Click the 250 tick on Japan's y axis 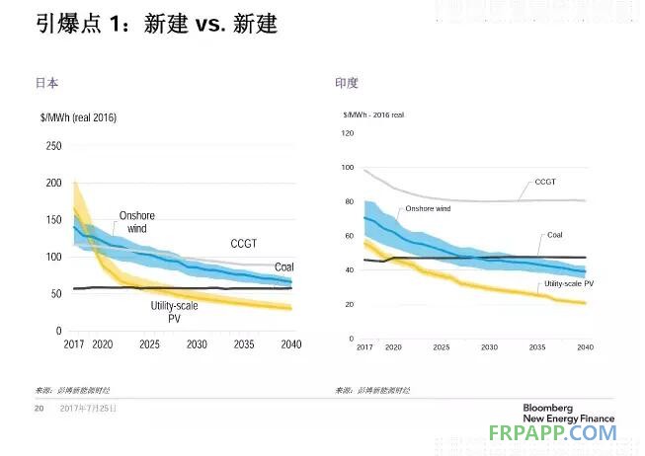(53, 146)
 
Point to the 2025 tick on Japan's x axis (150, 344)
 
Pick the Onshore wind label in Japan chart (136, 221)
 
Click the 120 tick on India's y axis (347, 132)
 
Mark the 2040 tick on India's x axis (585, 348)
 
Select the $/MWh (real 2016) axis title (78, 117)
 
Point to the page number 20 (40, 408)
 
